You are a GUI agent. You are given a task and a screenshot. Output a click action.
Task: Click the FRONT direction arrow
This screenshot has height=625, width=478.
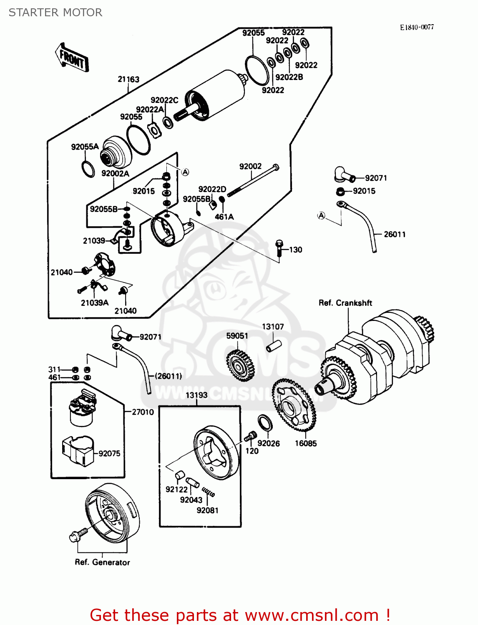pos(72,58)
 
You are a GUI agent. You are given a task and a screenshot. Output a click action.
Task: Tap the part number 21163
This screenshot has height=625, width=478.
pos(128,79)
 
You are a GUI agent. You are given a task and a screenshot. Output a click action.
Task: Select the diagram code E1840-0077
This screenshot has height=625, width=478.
pos(417,27)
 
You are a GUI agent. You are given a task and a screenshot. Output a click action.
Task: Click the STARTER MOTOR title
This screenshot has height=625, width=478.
pos(55,12)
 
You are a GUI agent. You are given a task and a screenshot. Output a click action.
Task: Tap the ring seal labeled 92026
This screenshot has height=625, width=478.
pos(265,423)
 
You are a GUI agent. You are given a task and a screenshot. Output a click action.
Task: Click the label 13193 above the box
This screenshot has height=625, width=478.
pos(196,395)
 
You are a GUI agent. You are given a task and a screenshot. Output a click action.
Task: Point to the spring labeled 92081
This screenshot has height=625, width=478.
pos(209,492)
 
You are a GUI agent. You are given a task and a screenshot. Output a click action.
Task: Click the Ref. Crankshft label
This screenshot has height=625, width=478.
pos(345,303)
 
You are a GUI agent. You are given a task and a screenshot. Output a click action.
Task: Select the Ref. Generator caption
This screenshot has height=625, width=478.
pos(102,562)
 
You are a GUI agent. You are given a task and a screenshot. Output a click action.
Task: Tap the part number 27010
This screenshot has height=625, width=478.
pos(143,412)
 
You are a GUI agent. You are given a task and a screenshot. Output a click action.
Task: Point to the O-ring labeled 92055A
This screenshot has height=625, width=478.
pos(88,169)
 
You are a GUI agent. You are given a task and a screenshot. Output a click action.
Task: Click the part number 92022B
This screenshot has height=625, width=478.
pos(289,77)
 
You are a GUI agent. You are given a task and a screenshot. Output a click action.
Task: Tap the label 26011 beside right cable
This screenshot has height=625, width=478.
pos(395,234)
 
